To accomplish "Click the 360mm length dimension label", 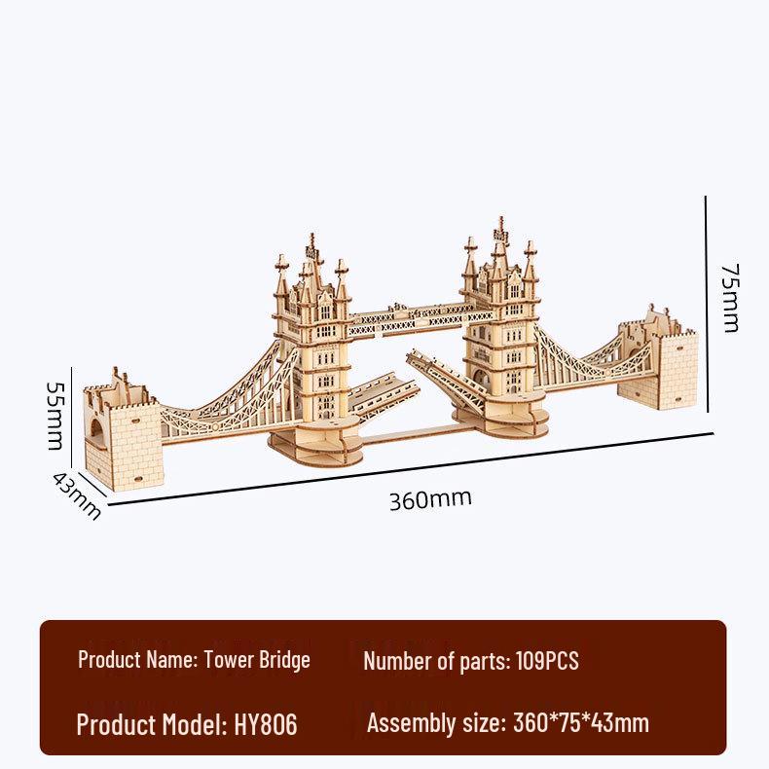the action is coord(430,499).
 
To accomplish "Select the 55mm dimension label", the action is coord(56,415).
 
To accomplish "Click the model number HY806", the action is coord(266,724).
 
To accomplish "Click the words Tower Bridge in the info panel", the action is coord(257,660).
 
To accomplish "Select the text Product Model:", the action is coord(152,724).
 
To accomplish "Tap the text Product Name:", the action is coord(137,660).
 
